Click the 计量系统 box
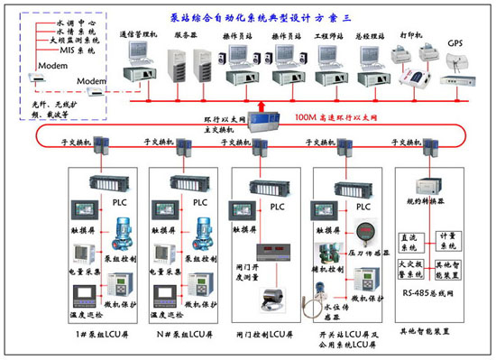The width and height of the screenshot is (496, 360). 447,241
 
